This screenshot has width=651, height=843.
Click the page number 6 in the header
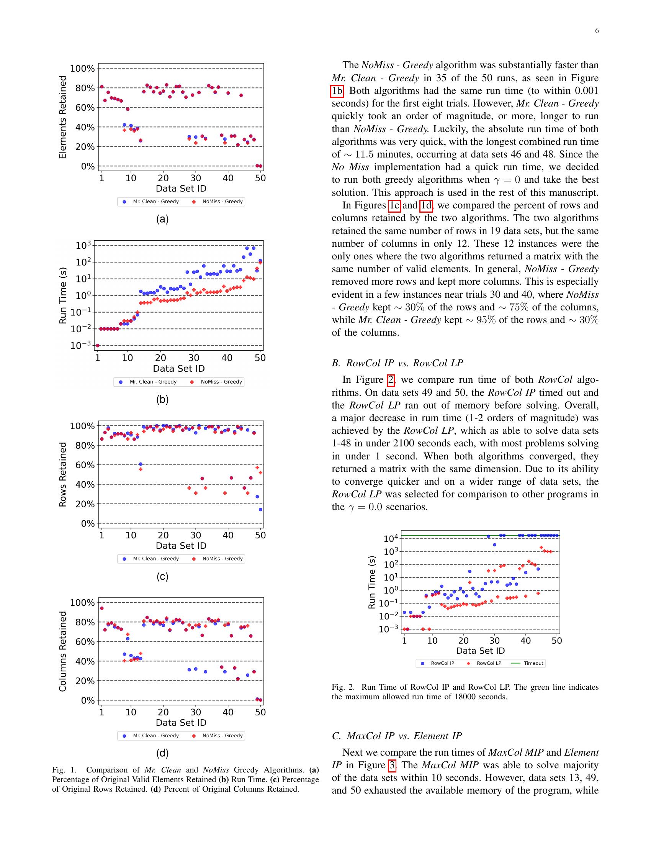[x=597, y=31]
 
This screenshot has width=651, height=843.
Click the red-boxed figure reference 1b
[x=337, y=91]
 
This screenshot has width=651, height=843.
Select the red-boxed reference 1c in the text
[x=394, y=205]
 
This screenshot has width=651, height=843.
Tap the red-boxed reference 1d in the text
[x=426, y=205]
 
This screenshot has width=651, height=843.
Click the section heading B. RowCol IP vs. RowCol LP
[x=397, y=363]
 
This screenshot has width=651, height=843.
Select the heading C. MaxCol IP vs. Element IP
[x=396, y=736]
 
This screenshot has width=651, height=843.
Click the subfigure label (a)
[x=162, y=219]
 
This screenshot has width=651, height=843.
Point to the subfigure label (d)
[x=162, y=753]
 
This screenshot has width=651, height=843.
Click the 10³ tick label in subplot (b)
[x=83, y=246]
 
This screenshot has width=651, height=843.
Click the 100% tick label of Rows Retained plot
[x=82, y=426]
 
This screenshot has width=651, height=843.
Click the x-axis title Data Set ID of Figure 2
[x=480, y=650]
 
